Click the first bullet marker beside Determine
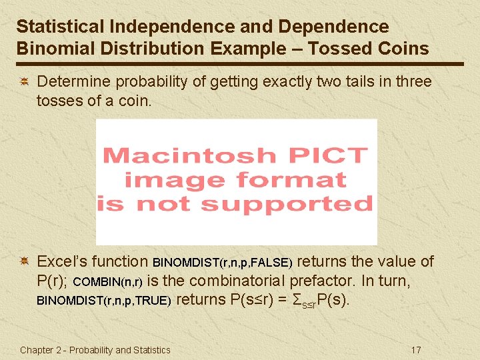click(23, 82)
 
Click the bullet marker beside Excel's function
click(23, 261)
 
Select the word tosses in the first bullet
click(59, 101)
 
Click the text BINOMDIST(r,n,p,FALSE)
click(223, 263)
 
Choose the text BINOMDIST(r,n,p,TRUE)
click(104, 301)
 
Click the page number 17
click(417, 349)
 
